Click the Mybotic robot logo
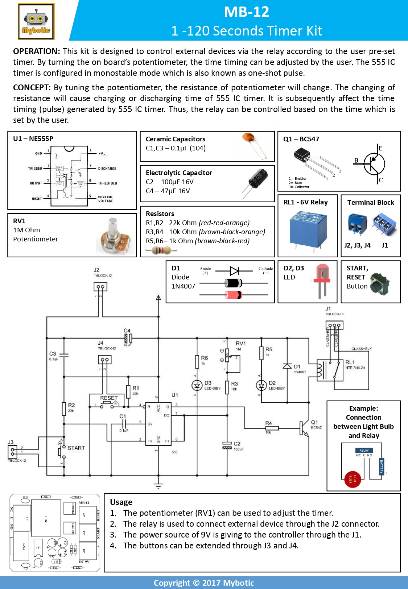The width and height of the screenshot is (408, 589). click(36, 21)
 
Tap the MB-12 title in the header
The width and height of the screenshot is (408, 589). click(246, 12)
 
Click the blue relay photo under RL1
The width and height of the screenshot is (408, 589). click(308, 229)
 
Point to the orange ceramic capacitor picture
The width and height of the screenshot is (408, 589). click(254, 145)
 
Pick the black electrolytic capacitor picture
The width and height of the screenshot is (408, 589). click(257, 181)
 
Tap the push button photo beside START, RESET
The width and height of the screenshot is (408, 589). click(380, 284)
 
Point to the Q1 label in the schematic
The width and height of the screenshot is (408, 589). click(314, 422)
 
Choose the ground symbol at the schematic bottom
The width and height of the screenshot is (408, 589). click(158, 486)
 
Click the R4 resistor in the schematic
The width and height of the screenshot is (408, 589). click(272, 428)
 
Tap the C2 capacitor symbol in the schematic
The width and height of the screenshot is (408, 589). click(227, 445)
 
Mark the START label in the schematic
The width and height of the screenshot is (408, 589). click(76, 448)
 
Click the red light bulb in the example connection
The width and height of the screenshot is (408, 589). click(353, 480)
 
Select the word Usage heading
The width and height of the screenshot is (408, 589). click(121, 502)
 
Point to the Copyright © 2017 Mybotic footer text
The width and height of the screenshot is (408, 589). click(204, 583)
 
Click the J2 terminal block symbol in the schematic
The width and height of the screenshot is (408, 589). click(100, 287)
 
